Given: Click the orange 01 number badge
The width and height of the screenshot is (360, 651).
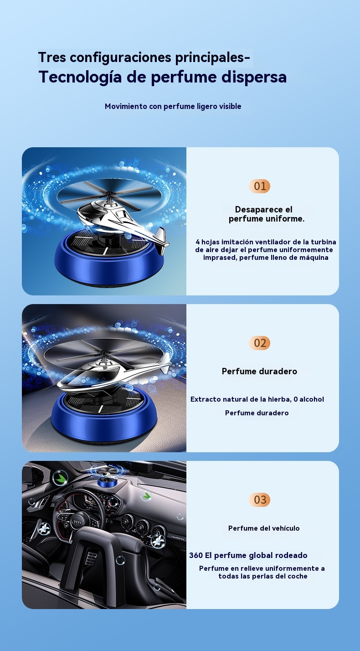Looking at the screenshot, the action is (x=259, y=186).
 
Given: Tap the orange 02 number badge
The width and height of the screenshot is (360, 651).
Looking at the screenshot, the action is (x=259, y=343).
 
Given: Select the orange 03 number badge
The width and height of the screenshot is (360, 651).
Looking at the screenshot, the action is (x=259, y=500).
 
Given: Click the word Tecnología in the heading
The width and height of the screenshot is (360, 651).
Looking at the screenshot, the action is (x=80, y=77).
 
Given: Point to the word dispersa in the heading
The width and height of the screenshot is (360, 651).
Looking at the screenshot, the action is (x=254, y=77).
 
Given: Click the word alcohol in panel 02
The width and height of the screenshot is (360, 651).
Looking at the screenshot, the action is (x=312, y=399).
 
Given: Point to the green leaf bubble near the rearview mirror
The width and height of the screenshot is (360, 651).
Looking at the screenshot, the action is (x=61, y=477).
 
